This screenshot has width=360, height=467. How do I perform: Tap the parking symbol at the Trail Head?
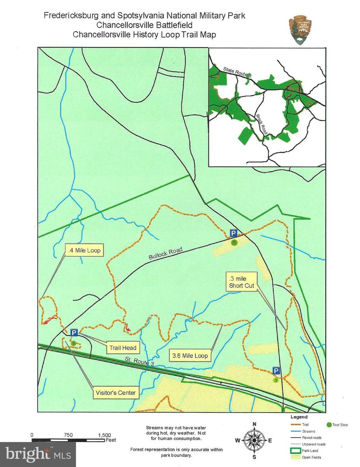click(x=74, y=333)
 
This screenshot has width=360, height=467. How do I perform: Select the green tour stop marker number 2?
click(x=234, y=243)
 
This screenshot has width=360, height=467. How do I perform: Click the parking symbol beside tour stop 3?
click(x=276, y=371)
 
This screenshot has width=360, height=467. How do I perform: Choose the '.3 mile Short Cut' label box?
click(x=242, y=281)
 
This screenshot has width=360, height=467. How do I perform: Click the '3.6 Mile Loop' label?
click(x=190, y=356)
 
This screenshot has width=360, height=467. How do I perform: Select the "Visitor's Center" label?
click(x=116, y=393)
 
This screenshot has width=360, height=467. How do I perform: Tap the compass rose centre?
click(x=254, y=440)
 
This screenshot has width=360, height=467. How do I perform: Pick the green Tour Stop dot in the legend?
click(x=330, y=425)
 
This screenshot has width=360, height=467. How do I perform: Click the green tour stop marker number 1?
click(x=73, y=343)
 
